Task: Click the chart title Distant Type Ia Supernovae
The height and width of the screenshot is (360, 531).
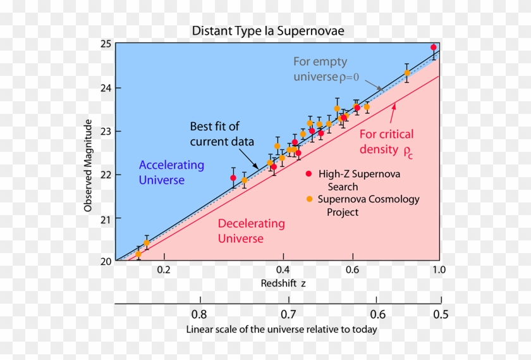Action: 269,31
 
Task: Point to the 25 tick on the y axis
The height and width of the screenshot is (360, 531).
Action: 105,44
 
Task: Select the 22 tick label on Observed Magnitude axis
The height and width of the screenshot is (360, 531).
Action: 105,175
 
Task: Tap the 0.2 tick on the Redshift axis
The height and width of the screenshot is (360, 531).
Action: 164,270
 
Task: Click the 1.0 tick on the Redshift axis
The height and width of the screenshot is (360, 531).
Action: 438,270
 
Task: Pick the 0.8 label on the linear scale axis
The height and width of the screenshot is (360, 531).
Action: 199,314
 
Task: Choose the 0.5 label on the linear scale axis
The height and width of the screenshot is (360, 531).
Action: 441,314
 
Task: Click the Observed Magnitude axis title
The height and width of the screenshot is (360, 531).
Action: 89,165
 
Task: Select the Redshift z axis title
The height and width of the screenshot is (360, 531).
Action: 283,283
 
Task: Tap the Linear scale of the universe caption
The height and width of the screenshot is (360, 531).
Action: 281,330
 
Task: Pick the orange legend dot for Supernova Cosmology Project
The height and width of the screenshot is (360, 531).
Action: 309,199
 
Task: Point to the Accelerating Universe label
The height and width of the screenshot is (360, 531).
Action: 171,173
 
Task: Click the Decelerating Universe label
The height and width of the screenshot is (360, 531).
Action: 251,231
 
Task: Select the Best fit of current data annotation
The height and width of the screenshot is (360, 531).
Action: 222,134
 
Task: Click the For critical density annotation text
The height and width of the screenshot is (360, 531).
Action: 386,142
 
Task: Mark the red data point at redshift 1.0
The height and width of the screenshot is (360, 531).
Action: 434,47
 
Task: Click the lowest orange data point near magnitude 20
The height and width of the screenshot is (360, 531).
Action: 138,254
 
